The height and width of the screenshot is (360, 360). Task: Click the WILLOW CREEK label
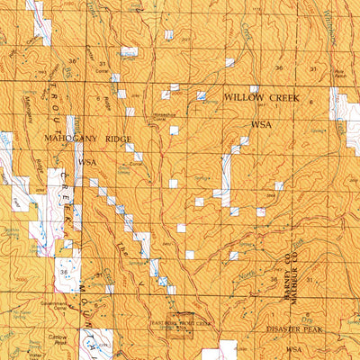point(260,96)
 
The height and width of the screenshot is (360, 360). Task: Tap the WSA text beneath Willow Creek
point(262,125)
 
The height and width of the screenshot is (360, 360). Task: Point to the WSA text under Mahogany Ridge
point(86,162)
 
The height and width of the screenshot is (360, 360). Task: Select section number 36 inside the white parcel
point(63,271)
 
